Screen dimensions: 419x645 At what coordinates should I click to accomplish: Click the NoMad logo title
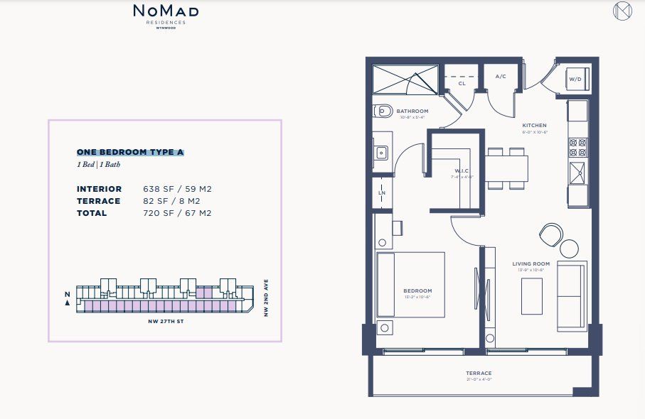166,11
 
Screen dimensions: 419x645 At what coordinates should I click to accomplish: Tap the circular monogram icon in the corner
622,12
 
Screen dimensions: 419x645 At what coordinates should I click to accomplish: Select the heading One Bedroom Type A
130,152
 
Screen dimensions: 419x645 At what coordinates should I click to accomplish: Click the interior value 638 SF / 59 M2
178,189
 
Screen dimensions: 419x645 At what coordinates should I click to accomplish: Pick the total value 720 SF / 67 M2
178,213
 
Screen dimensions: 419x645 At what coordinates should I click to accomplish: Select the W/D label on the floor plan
575,79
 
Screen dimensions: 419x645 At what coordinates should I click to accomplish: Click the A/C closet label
500,76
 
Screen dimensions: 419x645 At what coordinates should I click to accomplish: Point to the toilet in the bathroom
383,111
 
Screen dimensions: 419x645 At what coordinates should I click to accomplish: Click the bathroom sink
381,151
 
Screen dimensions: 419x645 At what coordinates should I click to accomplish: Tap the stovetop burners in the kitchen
577,147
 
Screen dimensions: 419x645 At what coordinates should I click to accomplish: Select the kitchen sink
577,172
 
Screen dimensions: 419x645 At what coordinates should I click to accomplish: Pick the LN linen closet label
382,192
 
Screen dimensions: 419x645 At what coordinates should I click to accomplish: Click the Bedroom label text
417,291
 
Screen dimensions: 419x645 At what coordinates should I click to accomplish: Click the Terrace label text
479,374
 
